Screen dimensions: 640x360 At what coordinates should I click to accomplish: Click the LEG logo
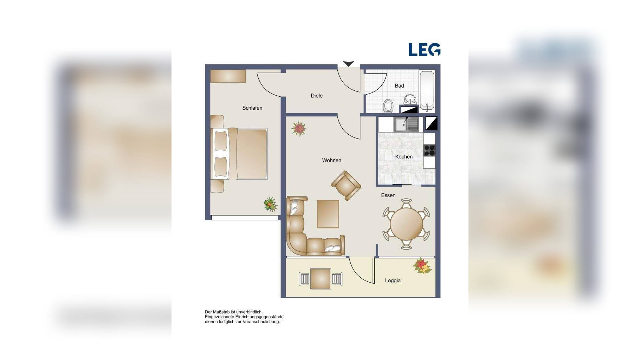click(424, 50)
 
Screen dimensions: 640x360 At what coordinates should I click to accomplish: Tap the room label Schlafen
click(252, 108)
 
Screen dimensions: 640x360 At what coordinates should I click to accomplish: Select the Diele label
click(316, 96)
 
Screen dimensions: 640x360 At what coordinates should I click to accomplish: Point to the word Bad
click(399, 86)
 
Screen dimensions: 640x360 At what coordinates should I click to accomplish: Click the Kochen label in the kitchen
click(404, 157)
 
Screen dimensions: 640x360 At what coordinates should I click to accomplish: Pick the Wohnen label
click(331, 160)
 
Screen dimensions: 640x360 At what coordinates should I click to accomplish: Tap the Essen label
click(388, 195)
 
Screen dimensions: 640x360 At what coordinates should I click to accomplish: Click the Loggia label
click(393, 281)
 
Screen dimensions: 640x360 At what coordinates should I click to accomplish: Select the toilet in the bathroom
click(388, 106)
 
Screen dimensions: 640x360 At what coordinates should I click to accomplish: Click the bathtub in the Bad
click(427, 91)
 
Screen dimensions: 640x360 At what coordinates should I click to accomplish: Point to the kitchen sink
click(406, 124)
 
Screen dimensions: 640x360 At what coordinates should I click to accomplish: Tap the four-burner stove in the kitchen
click(429, 150)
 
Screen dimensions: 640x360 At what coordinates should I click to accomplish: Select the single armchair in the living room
click(346, 185)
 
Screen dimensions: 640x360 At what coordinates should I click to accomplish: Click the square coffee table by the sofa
click(328, 214)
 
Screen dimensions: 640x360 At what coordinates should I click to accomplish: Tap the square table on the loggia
click(321, 279)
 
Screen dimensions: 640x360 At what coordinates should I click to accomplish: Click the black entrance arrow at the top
click(348, 64)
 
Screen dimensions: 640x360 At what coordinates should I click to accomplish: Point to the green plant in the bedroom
click(270, 204)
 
